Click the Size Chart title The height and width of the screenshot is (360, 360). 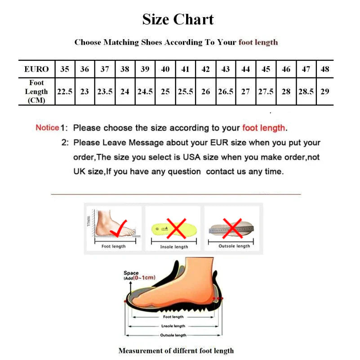(178, 19)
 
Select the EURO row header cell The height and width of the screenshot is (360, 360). (36, 69)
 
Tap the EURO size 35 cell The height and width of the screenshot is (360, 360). (65, 69)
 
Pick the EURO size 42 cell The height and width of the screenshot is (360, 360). (205, 69)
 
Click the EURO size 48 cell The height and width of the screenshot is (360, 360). (325, 69)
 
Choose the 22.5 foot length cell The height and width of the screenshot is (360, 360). (65, 91)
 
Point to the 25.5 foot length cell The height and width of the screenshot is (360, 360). (185, 91)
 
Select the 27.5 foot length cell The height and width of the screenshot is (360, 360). (266, 91)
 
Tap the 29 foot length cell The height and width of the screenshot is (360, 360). (325, 91)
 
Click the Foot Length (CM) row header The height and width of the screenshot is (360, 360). (36, 91)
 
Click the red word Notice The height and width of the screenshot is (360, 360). (47, 128)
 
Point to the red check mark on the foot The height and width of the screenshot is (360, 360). (119, 227)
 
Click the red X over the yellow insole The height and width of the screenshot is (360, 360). (176, 227)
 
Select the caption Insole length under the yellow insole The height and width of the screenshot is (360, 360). (174, 247)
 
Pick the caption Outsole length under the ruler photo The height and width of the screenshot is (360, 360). (234, 246)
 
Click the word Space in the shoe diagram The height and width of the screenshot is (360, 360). (131, 273)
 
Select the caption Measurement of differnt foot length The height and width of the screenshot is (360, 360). (176, 351)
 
